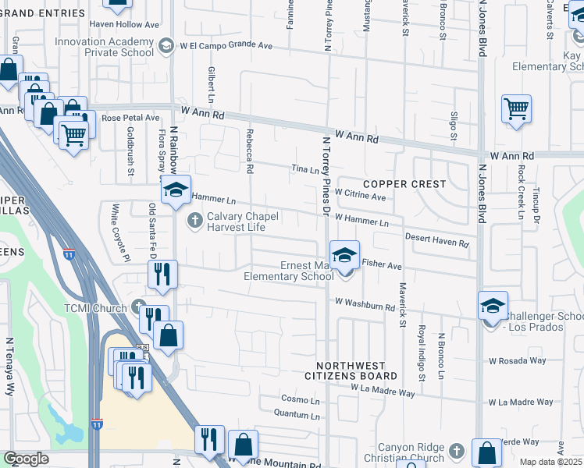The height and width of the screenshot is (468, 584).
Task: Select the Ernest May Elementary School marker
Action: (x=344, y=255)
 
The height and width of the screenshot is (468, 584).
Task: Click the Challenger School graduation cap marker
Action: (x=493, y=307)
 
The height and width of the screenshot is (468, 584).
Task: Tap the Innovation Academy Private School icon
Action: (x=166, y=47)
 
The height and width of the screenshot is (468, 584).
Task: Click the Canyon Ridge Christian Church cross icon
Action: (x=458, y=451)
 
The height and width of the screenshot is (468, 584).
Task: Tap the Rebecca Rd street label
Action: (x=251, y=151)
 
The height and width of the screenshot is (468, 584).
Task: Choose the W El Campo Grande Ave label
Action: (x=227, y=46)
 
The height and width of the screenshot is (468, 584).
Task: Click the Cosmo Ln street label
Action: (x=301, y=399)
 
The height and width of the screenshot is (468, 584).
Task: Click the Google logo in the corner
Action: (x=26, y=458)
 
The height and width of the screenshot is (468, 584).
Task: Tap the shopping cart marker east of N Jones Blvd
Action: (x=517, y=111)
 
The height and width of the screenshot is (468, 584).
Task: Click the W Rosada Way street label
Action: (x=517, y=360)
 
